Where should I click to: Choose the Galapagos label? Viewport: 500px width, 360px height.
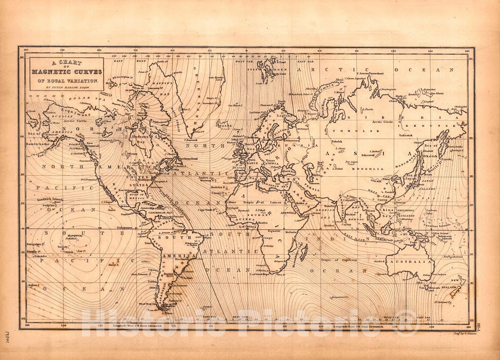click(x=124, y=228)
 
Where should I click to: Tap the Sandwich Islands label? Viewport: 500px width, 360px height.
click(x=50, y=199)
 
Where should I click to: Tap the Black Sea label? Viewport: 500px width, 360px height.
click(x=287, y=172)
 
